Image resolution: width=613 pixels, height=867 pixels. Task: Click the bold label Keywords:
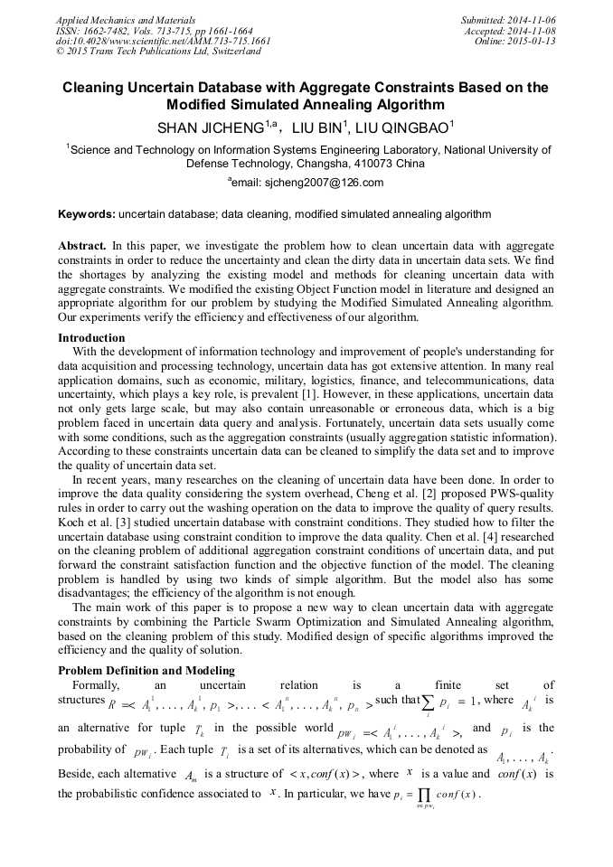[x=87, y=214]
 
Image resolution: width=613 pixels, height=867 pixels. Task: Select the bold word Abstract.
[x=82, y=246]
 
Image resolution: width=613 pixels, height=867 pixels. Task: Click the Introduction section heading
[x=91, y=338]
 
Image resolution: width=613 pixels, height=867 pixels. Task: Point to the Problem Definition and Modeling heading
[x=146, y=670]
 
